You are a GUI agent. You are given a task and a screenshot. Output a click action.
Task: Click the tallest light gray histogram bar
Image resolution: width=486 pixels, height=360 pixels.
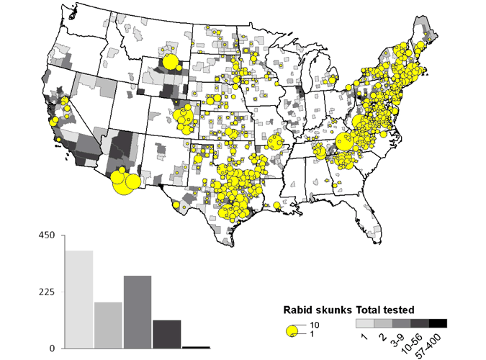(79, 299)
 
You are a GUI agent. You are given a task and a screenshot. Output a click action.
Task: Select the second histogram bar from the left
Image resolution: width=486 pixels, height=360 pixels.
(108, 325)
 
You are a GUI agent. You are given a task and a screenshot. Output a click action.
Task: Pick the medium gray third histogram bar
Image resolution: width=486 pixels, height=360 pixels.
(138, 312)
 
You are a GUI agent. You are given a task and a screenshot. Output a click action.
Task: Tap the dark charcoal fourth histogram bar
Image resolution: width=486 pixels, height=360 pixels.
(166, 334)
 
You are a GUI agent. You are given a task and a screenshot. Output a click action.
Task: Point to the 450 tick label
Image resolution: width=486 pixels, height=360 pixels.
(46, 236)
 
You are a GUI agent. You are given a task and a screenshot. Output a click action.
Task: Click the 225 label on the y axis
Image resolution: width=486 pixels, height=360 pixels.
(46, 292)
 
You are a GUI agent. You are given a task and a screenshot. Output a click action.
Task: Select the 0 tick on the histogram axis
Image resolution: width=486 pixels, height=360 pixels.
(51, 348)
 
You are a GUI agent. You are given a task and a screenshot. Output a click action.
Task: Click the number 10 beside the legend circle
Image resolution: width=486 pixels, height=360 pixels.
(315, 325)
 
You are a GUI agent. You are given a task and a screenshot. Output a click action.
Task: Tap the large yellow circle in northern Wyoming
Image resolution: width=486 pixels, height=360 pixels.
(171, 63)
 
